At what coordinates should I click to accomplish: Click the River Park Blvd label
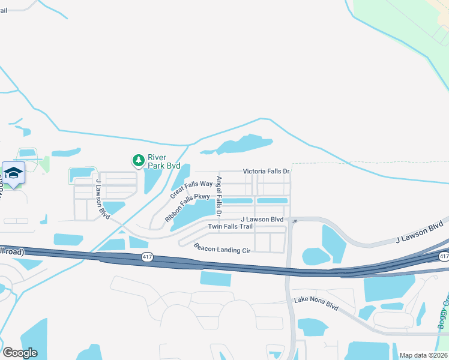164,161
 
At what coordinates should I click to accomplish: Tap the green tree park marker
138,160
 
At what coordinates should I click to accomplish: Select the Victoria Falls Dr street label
266,172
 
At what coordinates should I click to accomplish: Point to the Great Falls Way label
191,189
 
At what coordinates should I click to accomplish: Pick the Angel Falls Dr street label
219,197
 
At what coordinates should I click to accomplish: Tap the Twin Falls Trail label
231,227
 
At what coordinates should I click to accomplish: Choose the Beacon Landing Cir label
221,247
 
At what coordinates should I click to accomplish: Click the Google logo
20,353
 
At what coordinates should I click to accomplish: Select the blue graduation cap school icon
13,173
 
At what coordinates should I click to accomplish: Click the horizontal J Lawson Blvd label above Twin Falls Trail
262,220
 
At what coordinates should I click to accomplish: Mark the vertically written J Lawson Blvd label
103,197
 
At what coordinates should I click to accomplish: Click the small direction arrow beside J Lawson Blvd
294,221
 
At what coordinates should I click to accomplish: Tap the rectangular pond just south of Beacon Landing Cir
215,278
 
